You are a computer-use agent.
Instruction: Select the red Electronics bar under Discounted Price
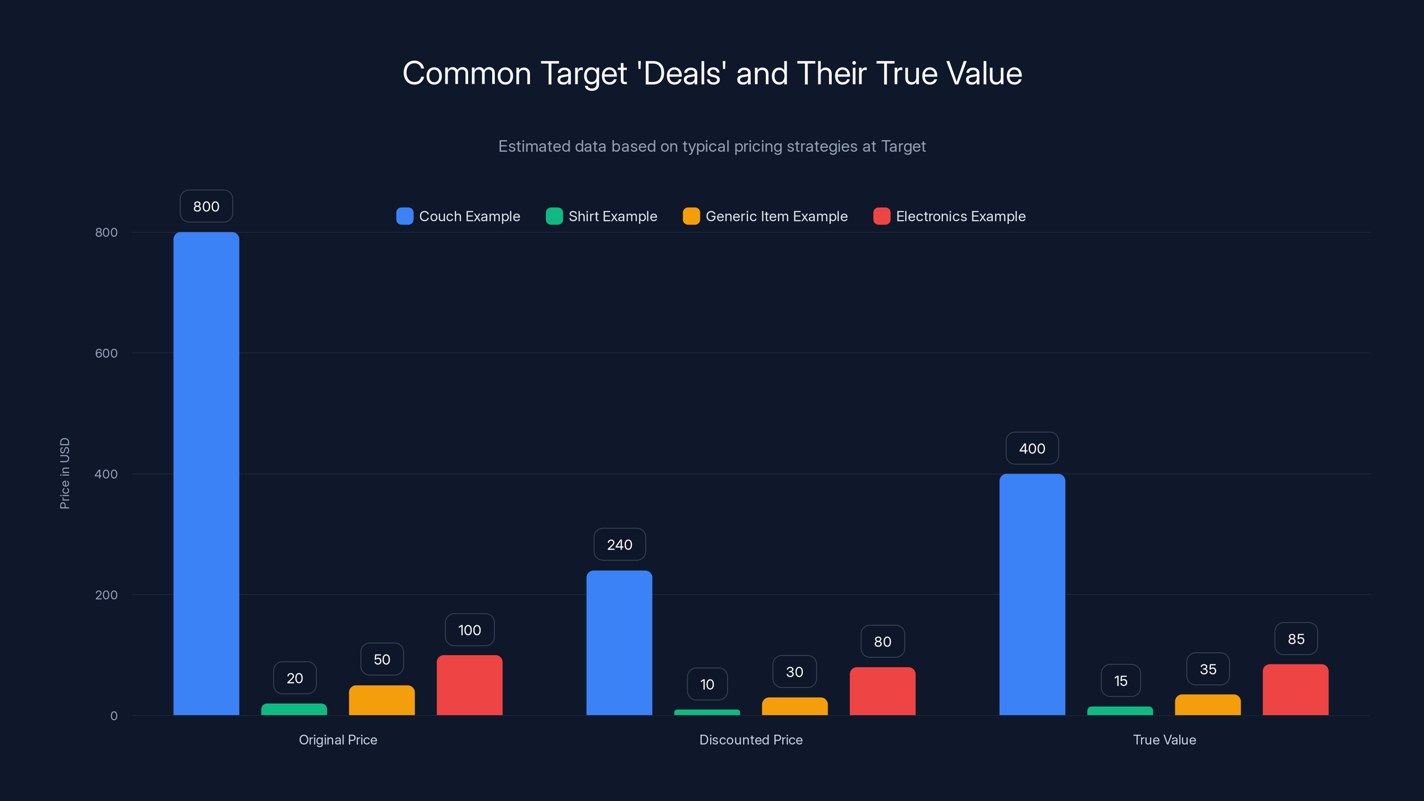882,691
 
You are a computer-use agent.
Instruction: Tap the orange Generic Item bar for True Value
1208,705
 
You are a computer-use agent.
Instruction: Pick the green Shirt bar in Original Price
294,709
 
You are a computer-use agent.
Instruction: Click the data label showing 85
1296,639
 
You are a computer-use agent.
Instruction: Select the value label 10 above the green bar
707,684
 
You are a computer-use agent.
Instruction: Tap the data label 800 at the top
206,206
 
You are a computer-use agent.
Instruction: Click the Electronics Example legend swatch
882,216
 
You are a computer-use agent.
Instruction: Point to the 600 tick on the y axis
106,353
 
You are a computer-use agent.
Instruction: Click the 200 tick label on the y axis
106,595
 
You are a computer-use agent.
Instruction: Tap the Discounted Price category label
751,740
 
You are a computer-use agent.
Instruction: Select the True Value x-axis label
1164,740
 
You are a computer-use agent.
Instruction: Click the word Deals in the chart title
682,73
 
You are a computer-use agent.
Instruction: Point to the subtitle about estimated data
712,146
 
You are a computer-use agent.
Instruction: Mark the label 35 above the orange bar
1208,669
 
